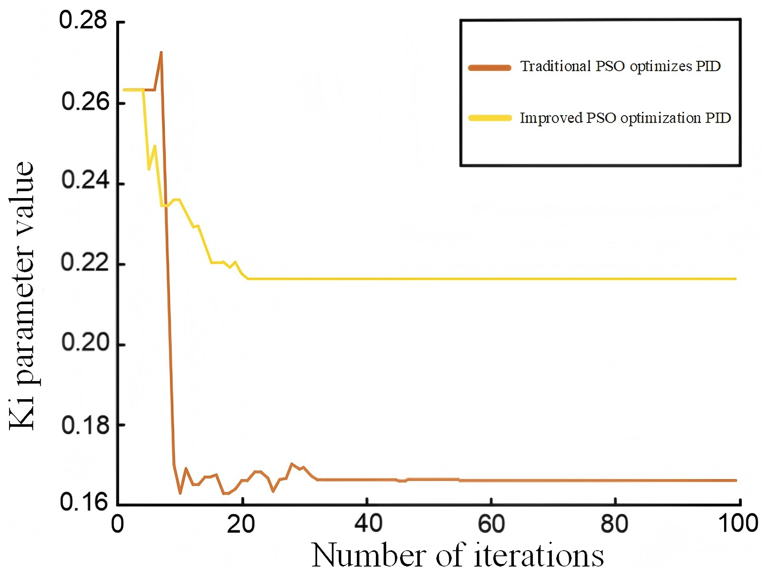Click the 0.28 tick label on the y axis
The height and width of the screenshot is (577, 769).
point(83,20)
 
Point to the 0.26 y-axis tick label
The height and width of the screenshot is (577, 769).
point(85,102)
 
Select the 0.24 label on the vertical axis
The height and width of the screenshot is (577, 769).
point(85,180)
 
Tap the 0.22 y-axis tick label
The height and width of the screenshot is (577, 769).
point(85,262)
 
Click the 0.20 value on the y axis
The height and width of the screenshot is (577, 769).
point(85,342)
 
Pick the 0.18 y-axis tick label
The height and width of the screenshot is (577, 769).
point(85,425)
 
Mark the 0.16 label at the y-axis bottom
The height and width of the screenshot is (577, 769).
point(84,502)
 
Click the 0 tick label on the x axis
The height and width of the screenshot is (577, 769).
point(117,524)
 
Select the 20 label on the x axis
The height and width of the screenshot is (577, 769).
point(241,524)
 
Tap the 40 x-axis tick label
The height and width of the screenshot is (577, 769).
point(368,524)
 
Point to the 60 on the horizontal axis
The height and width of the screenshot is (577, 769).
point(491,524)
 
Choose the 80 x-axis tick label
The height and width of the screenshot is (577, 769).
point(615,524)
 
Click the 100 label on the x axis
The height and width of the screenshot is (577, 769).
point(738,524)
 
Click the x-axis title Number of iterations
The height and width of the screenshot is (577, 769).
point(457,555)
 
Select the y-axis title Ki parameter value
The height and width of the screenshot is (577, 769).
point(22,296)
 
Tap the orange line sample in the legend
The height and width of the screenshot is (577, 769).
point(490,67)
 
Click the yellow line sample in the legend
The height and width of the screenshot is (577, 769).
point(490,118)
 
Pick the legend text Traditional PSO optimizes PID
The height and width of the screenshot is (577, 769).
point(621,66)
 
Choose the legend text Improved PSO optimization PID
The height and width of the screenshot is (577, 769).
point(625,118)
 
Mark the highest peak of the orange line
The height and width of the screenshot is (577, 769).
point(161,53)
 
